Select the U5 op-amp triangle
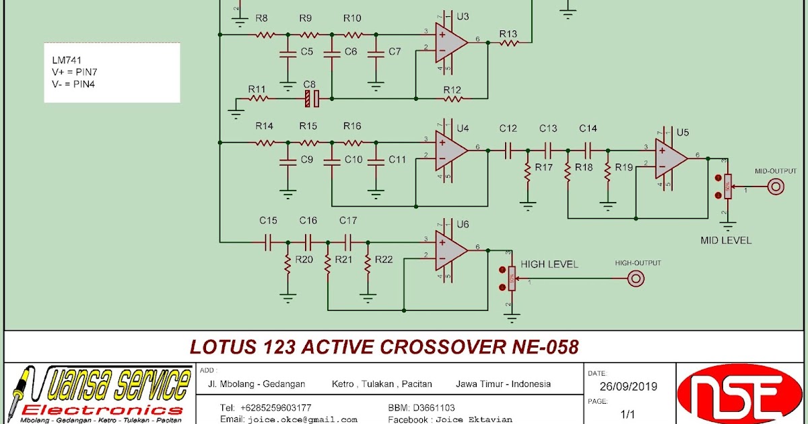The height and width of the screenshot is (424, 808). [670, 160]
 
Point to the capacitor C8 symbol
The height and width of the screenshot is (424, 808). [310, 99]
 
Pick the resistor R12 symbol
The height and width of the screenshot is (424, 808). [452, 99]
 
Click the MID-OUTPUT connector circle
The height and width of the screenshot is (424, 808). [776, 186]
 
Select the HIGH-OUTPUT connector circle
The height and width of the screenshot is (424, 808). [635, 278]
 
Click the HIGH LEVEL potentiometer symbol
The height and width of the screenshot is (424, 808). [512, 277]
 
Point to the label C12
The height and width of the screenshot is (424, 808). [508, 129]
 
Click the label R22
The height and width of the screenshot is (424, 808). [384, 260]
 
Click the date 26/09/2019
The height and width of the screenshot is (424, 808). [628, 386]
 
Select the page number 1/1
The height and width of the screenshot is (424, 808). [628, 414]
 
